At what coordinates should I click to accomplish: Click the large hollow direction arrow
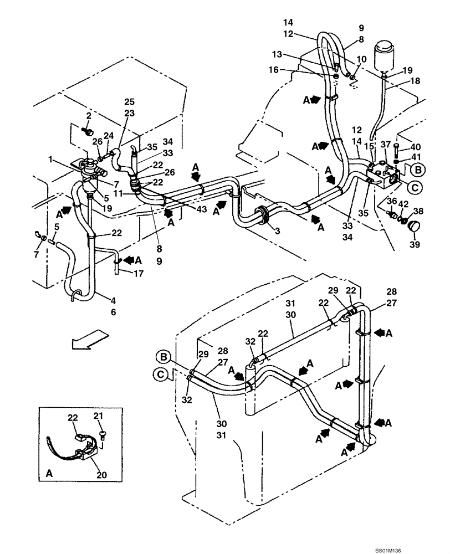tap(89, 339)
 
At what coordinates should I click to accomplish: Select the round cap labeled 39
tap(413, 227)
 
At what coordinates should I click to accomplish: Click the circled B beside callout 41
tap(418, 170)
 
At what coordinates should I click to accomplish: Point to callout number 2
tap(88, 115)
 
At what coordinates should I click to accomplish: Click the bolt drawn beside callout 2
tap(88, 131)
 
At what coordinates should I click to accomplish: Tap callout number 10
tap(361, 59)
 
